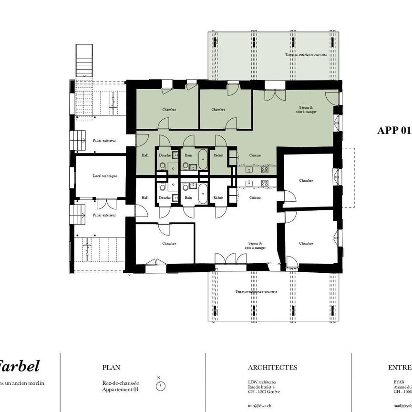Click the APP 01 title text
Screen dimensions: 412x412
click(x=393, y=131)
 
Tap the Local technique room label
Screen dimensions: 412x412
click(x=104, y=176)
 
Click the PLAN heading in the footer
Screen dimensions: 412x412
click(x=111, y=368)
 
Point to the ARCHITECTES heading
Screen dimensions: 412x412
click(x=272, y=368)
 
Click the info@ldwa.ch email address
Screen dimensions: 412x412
click(x=259, y=406)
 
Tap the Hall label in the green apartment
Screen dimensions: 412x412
click(x=145, y=155)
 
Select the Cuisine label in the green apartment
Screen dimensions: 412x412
click(x=255, y=155)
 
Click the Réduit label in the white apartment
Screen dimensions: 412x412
click(x=218, y=197)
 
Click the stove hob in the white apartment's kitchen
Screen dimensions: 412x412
click(x=264, y=183)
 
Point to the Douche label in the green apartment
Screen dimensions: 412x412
click(x=165, y=155)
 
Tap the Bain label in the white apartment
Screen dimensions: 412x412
click(x=188, y=197)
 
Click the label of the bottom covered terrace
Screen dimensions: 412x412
click(x=256, y=291)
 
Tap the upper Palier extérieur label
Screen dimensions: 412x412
click(x=104, y=140)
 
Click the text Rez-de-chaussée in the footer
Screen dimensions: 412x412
click(x=121, y=383)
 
